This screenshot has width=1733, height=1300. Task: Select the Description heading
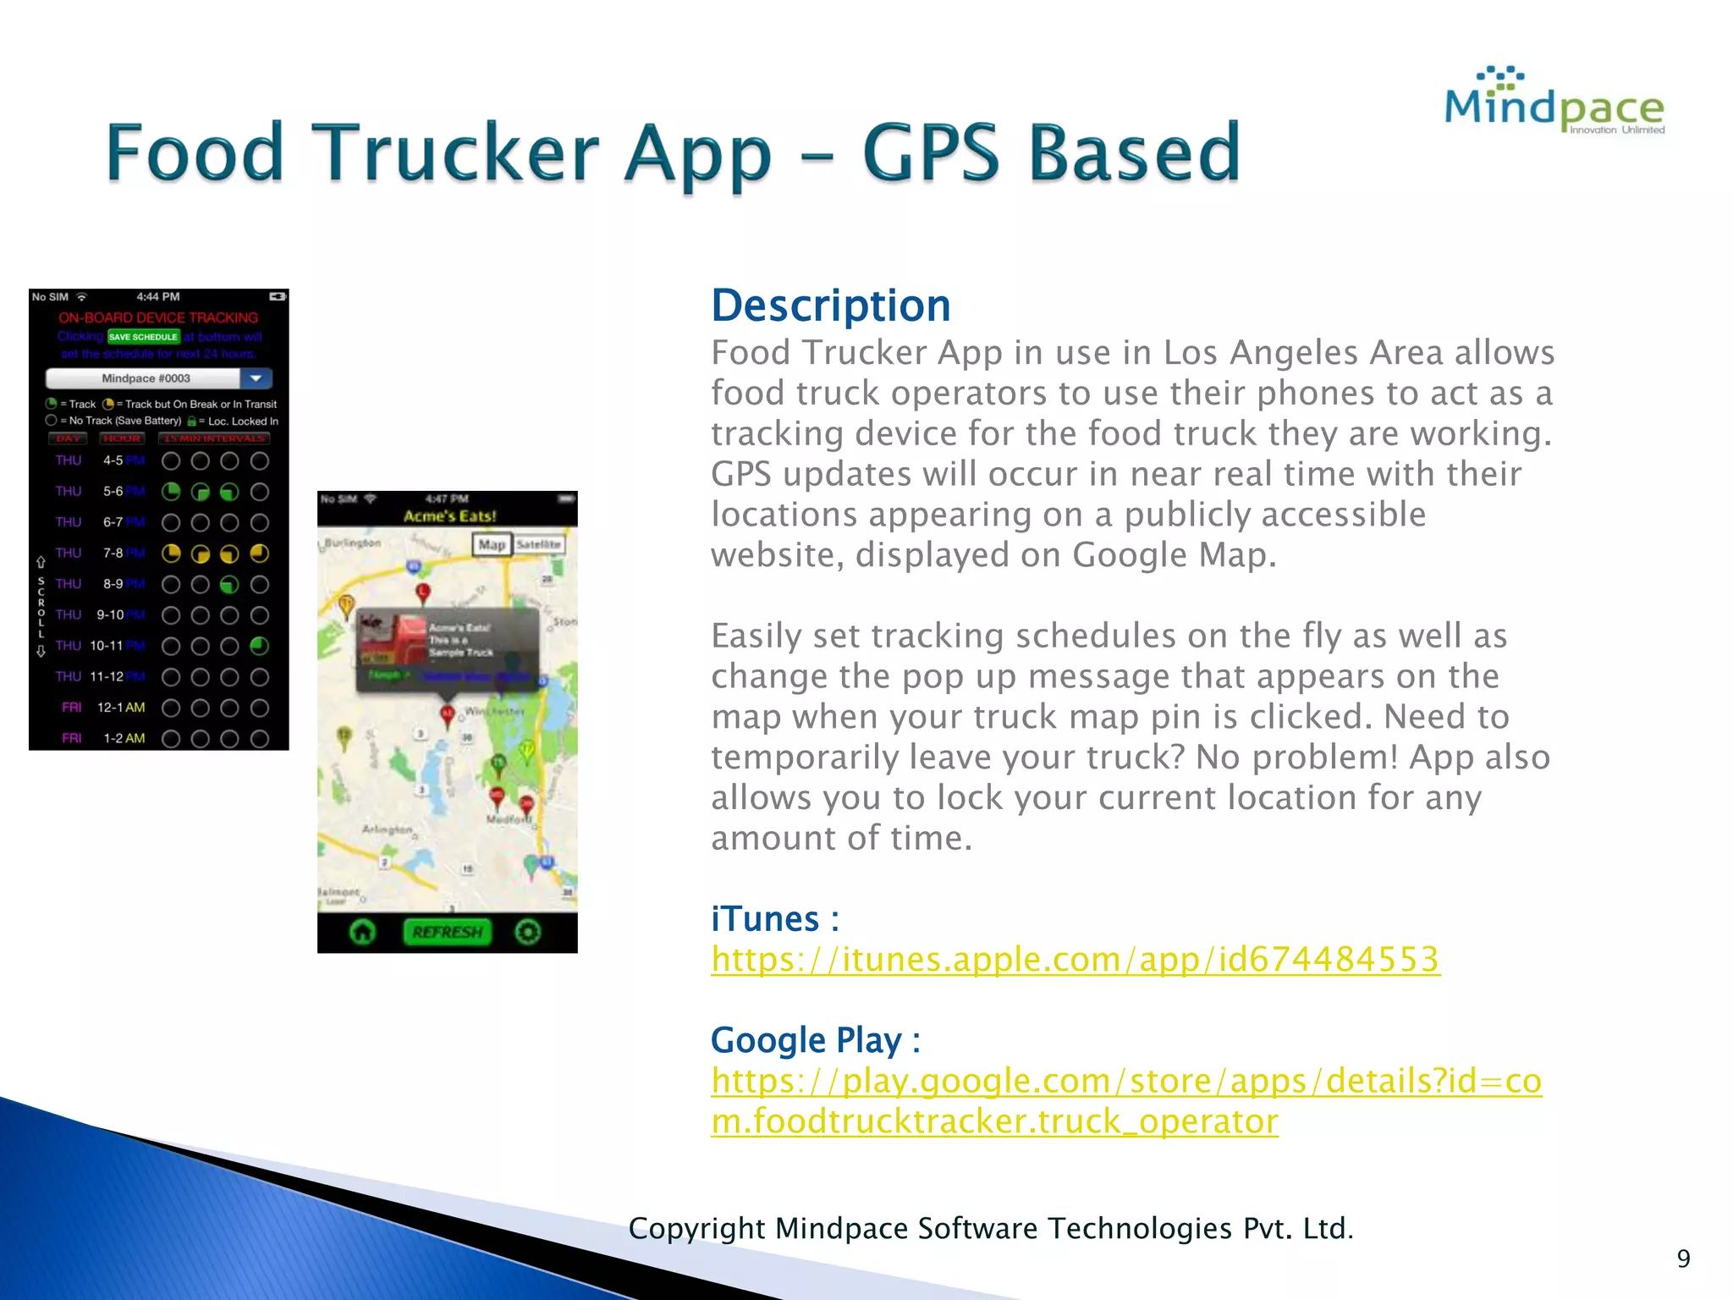[830, 306]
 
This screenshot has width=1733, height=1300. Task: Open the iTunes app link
[1075, 960]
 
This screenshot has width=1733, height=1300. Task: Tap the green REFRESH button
[447, 932]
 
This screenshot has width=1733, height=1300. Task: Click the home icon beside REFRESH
[363, 932]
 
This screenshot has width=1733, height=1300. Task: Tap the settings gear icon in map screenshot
[528, 932]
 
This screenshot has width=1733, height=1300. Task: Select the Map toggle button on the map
[492, 545]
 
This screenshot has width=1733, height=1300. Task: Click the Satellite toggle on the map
[538, 545]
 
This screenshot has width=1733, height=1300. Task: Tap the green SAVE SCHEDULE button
[143, 337]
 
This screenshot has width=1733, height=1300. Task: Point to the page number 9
[1683, 1259]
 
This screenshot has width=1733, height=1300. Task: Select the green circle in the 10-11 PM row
[260, 646]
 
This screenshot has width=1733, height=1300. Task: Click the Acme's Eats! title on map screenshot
[449, 516]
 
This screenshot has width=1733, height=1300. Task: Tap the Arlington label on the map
[388, 829]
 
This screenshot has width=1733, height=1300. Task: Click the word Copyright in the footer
[696, 1228]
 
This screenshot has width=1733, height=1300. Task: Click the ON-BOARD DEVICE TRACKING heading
[158, 317]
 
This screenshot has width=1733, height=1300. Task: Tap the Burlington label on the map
[353, 543]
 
